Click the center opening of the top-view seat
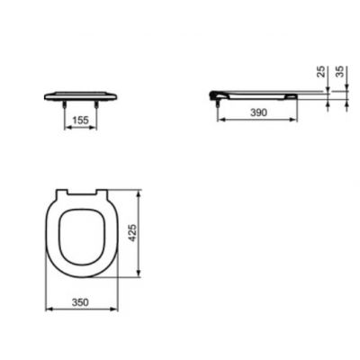pos(81,237)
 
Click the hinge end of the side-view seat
pos(214,94)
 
